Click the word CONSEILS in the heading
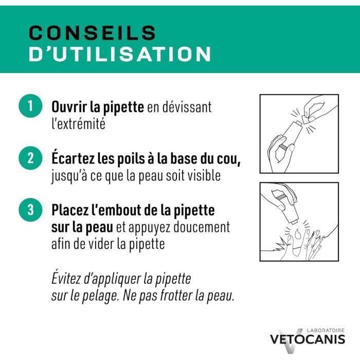(x=92, y=32)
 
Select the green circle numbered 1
(x=30, y=107)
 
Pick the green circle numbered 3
(x=30, y=210)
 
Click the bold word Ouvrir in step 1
(x=68, y=107)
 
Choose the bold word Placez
(x=70, y=210)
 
